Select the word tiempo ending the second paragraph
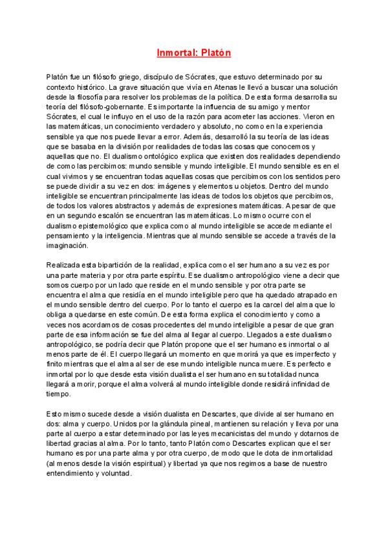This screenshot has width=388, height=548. pos(58,394)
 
